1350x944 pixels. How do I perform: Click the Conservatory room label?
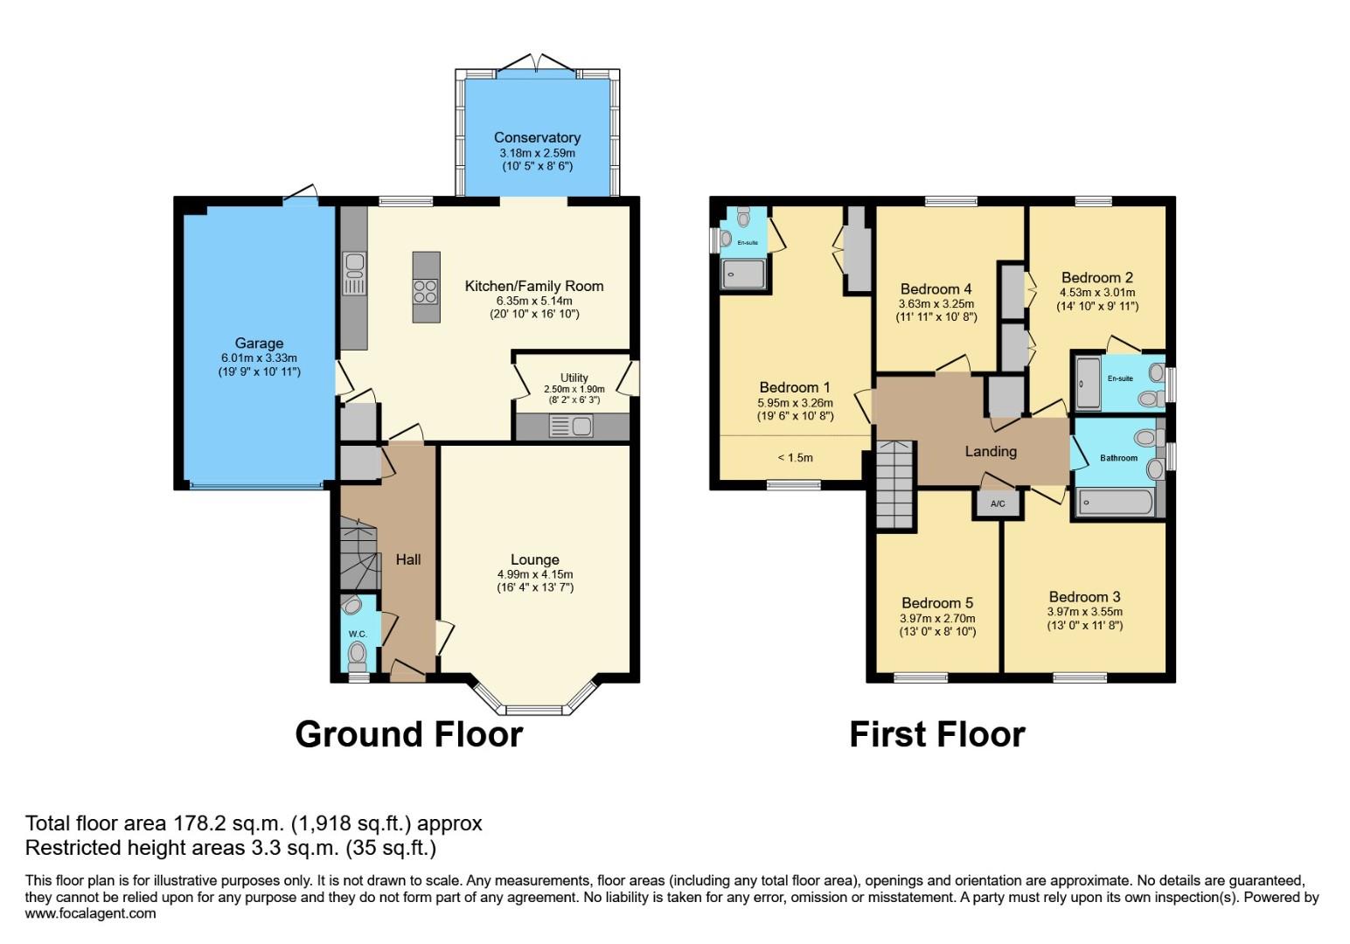(537, 138)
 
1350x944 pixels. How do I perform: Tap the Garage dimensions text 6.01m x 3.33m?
(259, 358)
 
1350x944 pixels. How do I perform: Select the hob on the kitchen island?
(426, 292)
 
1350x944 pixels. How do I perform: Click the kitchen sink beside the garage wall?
(354, 274)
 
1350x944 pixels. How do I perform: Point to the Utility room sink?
(571, 427)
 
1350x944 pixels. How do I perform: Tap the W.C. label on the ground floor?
(358, 634)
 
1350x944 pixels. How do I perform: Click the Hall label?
(408, 559)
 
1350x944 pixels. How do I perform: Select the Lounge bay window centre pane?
(534, 711)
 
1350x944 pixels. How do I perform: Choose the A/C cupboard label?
(998, 503)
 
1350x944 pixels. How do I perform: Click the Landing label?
(991, 451)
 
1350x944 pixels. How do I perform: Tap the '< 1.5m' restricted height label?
(795, 458)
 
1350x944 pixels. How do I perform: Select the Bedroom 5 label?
(937, 603)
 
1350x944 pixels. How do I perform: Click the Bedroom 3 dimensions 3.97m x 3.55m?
(1085, 612)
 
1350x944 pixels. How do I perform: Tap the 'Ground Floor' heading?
(408, 734)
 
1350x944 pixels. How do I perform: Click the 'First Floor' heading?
(937, 734)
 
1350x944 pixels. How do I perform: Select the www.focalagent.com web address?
(90, 913)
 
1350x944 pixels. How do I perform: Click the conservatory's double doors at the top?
(536, 63)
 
